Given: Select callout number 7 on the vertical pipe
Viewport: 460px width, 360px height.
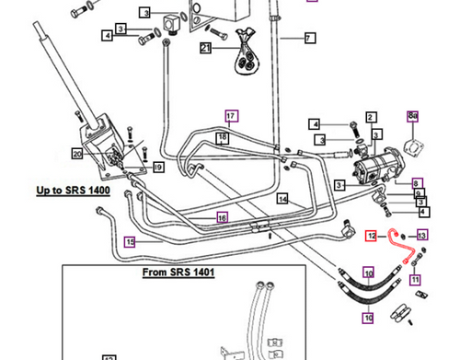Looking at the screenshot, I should point(309,38).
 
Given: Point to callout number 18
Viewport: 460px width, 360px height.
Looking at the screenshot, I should point(222,137).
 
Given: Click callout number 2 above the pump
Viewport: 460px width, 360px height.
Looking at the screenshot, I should point(370,117).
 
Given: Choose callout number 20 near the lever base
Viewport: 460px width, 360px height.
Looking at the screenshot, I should point(78,153).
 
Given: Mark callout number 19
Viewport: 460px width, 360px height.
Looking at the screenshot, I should point(158,167).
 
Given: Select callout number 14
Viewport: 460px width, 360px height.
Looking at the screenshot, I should point(283,199).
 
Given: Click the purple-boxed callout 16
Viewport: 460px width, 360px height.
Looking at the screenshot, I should point(222,217).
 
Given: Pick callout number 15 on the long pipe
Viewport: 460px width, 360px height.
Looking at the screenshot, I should point(131,241).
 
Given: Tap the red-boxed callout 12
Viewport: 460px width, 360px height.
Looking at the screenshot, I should point(372,236).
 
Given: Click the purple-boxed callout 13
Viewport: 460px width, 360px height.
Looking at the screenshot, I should point(421,236).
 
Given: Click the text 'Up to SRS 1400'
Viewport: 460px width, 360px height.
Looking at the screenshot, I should point(73,191).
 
